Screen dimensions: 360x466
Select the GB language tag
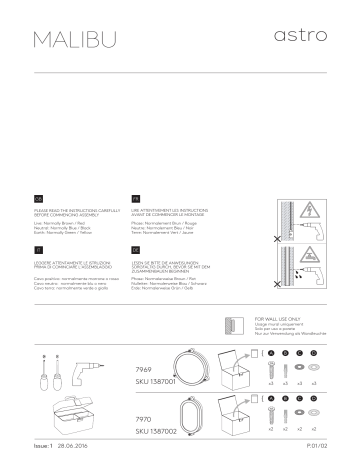[38, 200]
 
